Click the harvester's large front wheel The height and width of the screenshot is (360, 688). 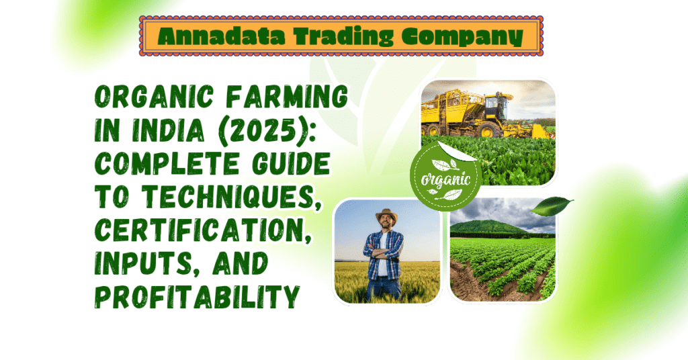point(490,129)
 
